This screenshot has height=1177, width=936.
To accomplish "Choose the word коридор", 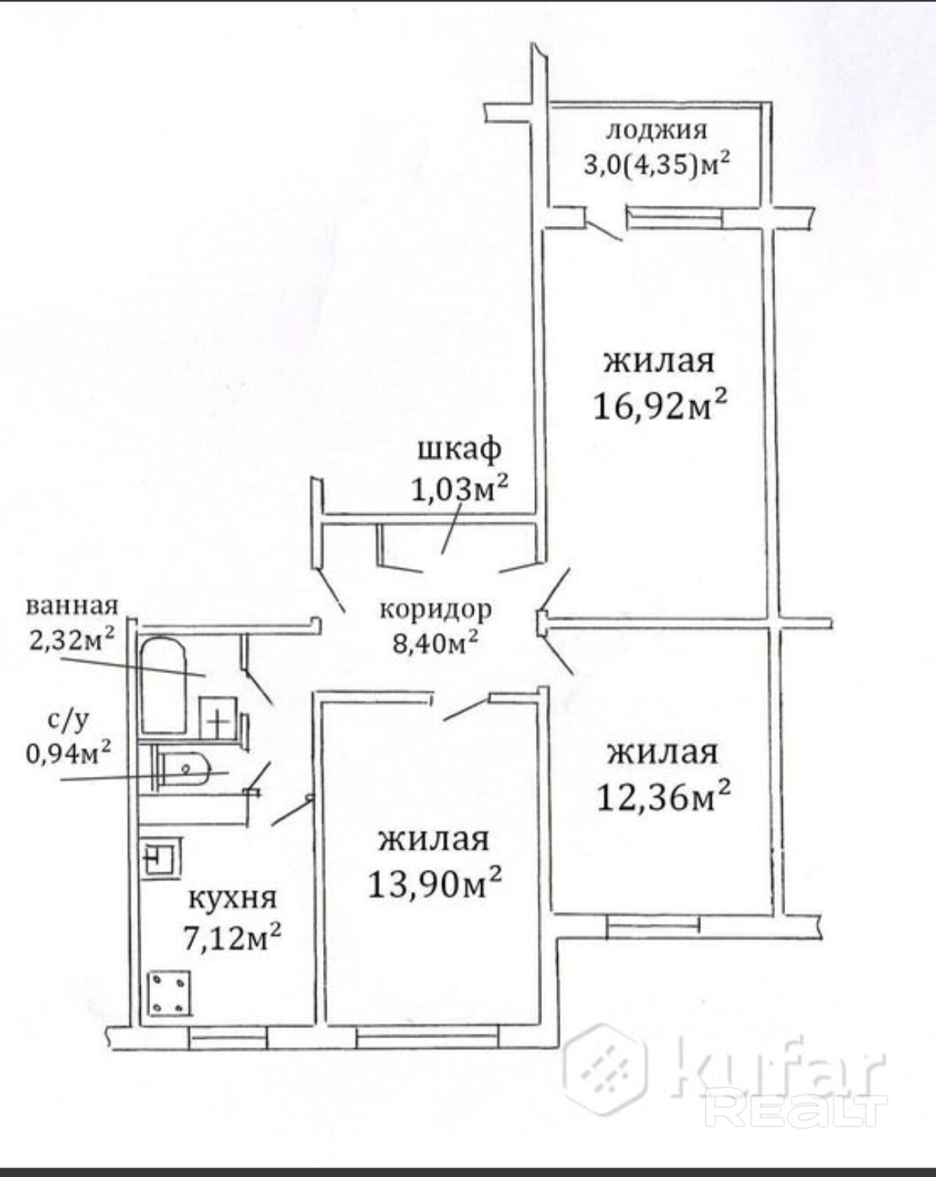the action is (x=436, y=610).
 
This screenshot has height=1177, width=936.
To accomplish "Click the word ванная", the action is (x=72, y=606).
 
